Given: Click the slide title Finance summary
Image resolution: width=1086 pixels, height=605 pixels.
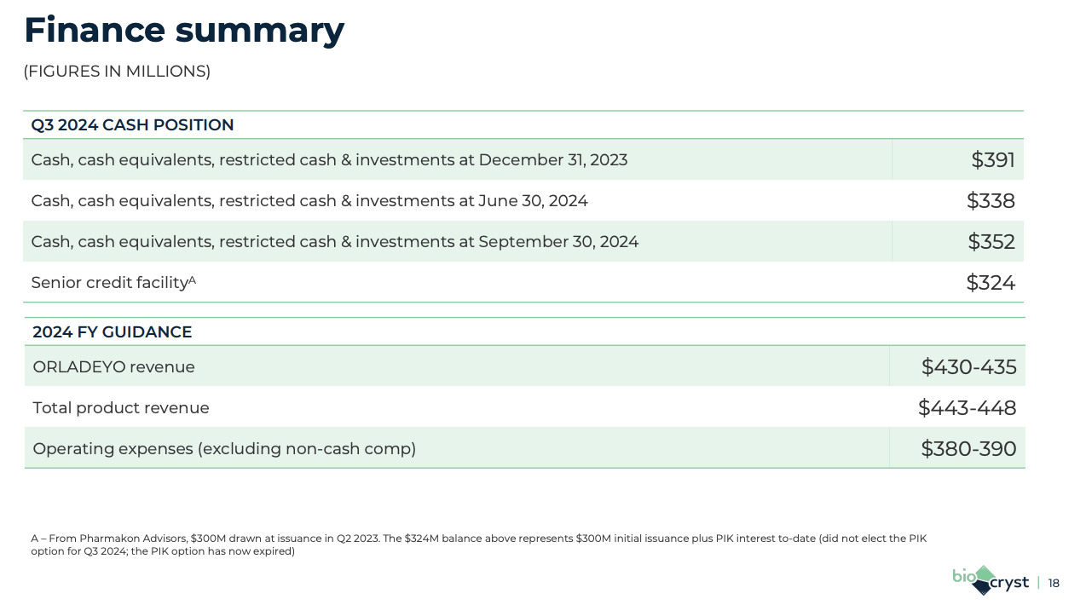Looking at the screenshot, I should [x=184, y=31].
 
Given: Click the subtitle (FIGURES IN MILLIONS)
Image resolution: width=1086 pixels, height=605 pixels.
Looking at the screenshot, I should [x=117, y=72].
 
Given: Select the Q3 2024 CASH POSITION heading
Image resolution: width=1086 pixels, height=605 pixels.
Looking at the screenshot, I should [x=132, y=125].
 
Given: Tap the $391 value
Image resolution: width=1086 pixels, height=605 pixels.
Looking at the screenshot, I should [x=993, y=160].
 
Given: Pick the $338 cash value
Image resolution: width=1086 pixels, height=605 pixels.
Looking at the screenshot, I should [x=991, y=201].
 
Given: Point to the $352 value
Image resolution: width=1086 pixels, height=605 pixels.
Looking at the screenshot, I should [x=991, y=242].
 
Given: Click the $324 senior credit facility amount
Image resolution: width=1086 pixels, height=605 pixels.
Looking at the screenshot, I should [x=991, y=283].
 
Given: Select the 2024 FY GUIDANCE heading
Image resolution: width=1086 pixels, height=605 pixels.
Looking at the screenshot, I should [x=112, y=332].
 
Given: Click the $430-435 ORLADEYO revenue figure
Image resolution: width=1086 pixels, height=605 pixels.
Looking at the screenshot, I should [x=968, y=367].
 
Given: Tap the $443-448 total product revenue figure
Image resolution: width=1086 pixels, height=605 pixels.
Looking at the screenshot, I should [x=967, y=408].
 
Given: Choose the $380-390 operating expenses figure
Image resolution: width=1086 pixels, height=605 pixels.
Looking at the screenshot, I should [x=968, y=449].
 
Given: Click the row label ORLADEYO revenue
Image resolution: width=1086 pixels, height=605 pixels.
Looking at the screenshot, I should [x=113, y=367].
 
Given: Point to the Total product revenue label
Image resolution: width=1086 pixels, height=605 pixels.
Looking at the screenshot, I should [x=121, y=408].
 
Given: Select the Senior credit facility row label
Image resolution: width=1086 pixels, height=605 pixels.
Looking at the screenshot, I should [x=108, y=283].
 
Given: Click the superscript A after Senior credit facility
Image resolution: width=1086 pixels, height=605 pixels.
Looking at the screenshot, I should [x=192, y=279].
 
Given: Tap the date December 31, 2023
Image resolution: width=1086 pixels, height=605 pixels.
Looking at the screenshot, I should [x=552, y=160].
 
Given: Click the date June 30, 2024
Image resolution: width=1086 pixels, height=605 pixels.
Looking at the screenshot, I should [x=533, y=201].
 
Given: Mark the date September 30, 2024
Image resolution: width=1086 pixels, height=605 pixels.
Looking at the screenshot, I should [x=558, y=242].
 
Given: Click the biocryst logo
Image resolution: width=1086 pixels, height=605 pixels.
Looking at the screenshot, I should [x=990, y=579].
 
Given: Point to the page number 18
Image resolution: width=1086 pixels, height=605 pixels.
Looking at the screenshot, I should [x=1054, y=584].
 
